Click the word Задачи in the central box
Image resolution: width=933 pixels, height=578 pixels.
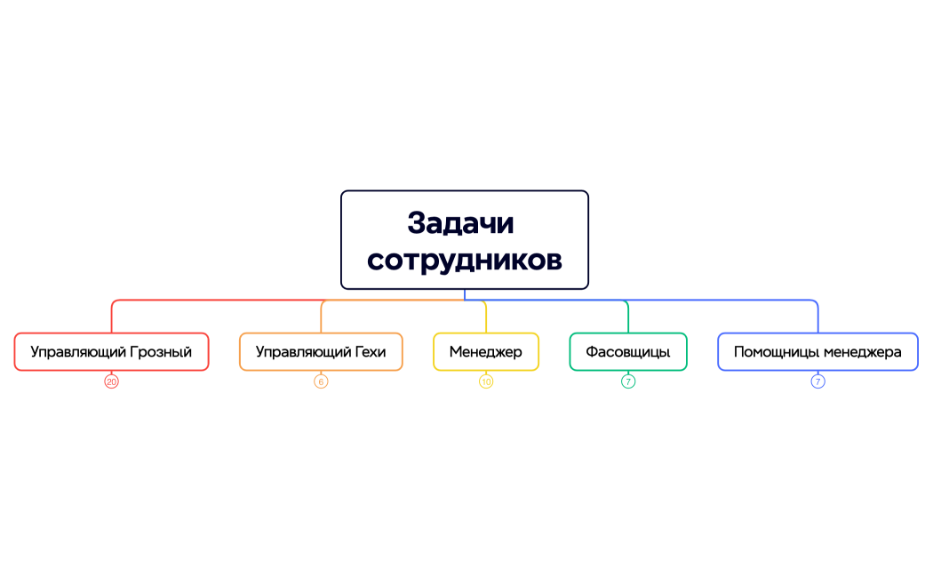pos(460,222)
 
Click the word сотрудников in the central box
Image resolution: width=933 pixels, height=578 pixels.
pos(464,260)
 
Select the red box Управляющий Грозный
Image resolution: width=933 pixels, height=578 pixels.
pos(111,351)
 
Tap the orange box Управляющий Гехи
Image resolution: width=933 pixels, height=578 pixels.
pos(321,351)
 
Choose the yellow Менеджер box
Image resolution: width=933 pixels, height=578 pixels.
pos(485,351)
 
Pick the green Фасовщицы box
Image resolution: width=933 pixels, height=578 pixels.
pos(627,351)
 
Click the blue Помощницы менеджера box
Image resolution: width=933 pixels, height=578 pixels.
pos(817,351)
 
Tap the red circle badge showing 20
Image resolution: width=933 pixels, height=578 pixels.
pos(111,381)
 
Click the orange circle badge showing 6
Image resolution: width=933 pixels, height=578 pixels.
pos(321,381)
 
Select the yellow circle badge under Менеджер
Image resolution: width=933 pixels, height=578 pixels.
pos(486,381)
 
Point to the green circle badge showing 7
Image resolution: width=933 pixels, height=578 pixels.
pos(628,381)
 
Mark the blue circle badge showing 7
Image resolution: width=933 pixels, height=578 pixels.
pos(817,381)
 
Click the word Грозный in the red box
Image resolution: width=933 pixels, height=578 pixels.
pos(161,352)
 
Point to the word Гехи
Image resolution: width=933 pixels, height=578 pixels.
pos(370,352)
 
